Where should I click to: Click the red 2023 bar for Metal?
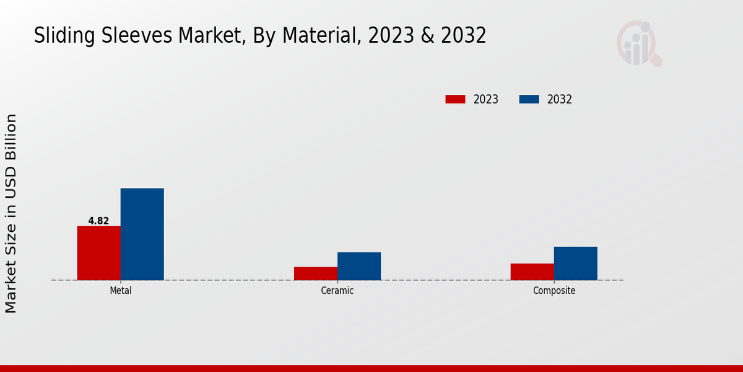[98, 253]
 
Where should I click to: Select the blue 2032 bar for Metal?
[142, 234]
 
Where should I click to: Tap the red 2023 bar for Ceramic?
[315, 273]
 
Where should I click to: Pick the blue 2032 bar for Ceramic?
[358, 266]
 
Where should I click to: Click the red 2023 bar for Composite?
[532, 272]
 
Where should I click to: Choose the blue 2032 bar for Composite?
[575, 263]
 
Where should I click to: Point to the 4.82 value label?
[98, 221]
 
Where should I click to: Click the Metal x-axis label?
[120, 291]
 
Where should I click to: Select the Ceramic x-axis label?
[337, 291]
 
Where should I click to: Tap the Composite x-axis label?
[554, 291]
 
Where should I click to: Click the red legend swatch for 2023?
[455, 99]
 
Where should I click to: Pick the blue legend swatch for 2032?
[529, 99]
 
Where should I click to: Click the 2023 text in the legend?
[485, 99]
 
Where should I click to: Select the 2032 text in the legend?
[559, 99]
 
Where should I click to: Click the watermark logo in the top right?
[638, 43]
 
